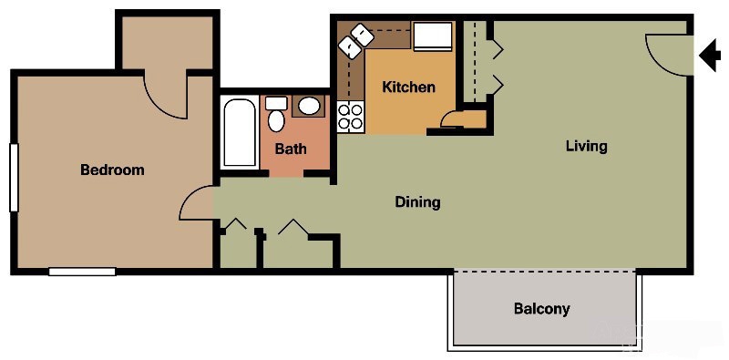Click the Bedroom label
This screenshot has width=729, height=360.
click(x=112, y=170)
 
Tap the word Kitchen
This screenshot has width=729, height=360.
click(x=408, y=87)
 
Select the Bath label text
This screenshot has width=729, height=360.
click(x=291, y=149)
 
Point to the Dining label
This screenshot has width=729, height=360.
click(x=417, y=201)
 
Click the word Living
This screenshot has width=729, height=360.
click(x=586, y=146)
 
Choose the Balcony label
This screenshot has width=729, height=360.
click(x=541, y=308)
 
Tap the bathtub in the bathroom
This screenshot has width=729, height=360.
click(x=240, y=133)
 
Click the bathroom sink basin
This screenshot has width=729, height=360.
click(x=310, y=106)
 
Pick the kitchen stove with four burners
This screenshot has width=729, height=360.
click(x=351, y=116)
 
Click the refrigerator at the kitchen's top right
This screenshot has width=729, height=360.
click(x=431, y=36)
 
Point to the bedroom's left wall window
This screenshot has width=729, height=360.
click(x=13, y=177)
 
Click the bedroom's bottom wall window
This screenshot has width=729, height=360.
click(x=82, y=271)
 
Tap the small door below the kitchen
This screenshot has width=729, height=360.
click(x=452, y=119)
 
